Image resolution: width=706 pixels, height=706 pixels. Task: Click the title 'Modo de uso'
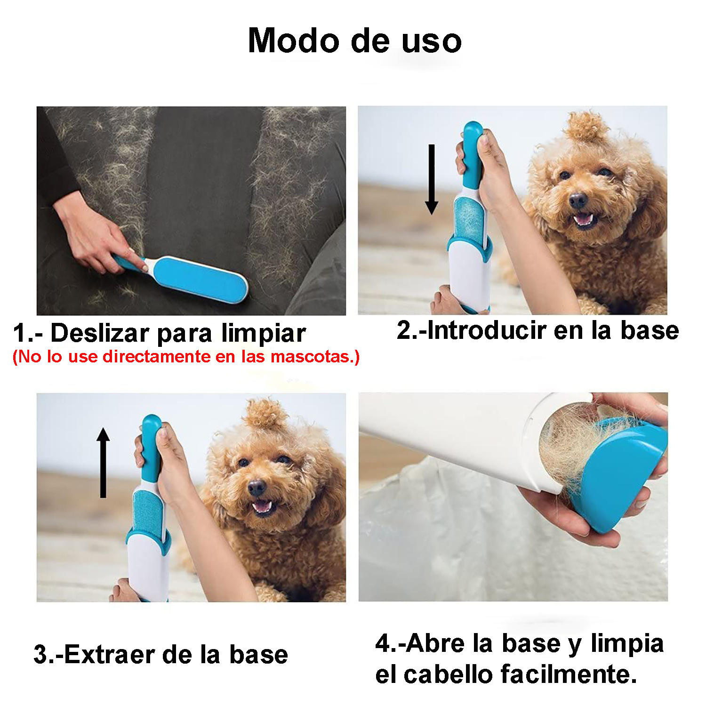click(x=354, y=41)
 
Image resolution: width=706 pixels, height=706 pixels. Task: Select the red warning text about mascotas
click(x=186, y=357)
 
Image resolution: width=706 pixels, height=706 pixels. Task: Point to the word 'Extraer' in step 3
click(x=112, y=655)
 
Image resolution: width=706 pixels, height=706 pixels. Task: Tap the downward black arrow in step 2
click(x=431, y=179)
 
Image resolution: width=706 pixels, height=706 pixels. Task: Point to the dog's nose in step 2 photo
click(x=578, y=201)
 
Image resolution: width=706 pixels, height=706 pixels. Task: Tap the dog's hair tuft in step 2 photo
click(x=586, y=127)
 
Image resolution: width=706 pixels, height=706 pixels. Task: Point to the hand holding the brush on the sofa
click(x=94, y=240)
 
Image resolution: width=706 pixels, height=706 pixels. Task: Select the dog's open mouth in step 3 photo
click(x=262, y=506)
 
